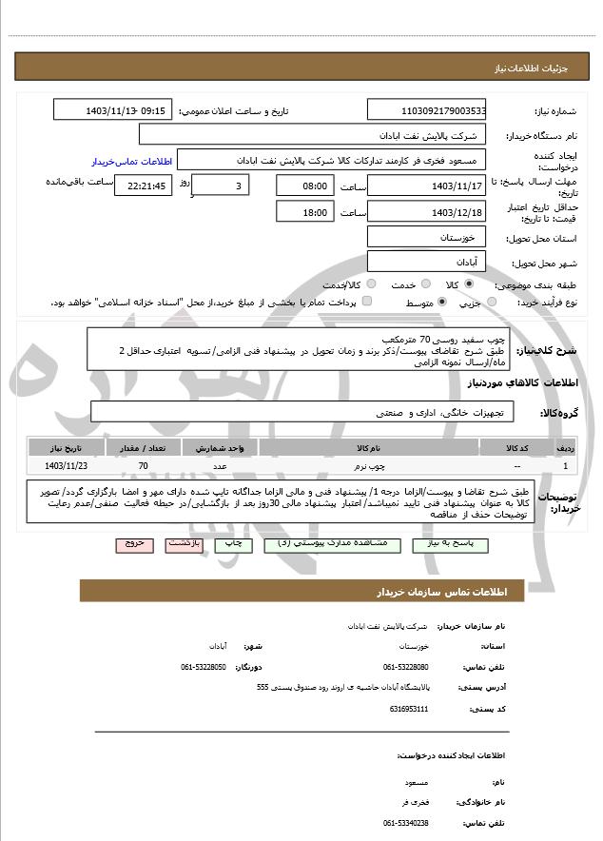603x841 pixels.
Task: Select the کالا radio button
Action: tap(468, 284)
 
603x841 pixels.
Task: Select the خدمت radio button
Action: tap(424, 284)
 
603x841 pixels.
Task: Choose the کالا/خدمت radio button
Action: tap(370, 284)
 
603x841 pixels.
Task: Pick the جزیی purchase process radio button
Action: tap(492, 302)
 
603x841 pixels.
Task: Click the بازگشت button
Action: tap(183, 543)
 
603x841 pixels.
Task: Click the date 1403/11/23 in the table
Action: tap(66, 465)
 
